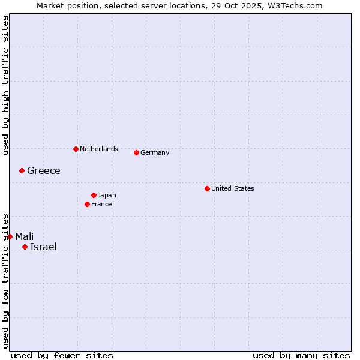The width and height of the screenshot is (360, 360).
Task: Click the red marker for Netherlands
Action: [x=76, y=149]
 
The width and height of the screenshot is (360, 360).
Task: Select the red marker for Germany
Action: [x=136, y=152]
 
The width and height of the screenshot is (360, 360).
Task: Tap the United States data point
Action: [x=207, y=188]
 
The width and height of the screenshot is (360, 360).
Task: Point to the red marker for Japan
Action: [x=94, y=195]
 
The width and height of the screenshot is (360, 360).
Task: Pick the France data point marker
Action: [x=87, y=204]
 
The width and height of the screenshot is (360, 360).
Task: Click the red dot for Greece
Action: [x=22, y=170]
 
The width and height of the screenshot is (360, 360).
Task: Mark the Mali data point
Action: [x=10, y=236]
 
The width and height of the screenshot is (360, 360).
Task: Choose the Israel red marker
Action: [x=25, y=247]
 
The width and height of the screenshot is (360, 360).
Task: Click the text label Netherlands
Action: [x=99, y=149]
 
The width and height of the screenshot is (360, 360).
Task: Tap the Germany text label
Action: [x=155, y=152]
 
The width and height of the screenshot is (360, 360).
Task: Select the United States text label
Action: [x=233, y=188]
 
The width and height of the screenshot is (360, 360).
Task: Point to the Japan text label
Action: [x=107, y=195]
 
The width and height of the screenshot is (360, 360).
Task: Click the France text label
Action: [x=101, y=204]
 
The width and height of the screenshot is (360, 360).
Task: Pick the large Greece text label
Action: [x=44, y=170]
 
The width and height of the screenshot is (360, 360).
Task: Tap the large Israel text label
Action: [x=43, y=247]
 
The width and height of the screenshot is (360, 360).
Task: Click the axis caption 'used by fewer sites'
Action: [x=62, y=355]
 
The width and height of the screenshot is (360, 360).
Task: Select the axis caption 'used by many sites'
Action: [x=301, y=355]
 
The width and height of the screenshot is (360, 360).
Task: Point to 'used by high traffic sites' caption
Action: [x=5, y=85]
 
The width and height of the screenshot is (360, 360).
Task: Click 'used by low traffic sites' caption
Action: [x=5, y=281]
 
